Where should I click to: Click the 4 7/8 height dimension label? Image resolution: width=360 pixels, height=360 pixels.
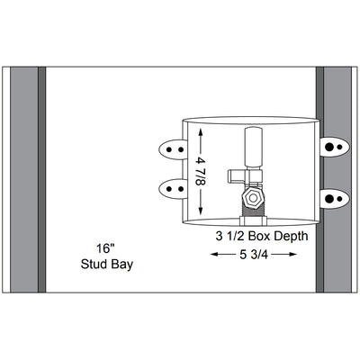click(201, 172)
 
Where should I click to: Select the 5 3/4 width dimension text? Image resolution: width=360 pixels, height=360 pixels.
click(254, 255)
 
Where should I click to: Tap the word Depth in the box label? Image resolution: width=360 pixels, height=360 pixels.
click(291, 237)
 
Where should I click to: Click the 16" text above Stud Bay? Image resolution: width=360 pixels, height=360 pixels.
click(105, 248)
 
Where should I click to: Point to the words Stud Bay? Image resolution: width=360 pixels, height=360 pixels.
click(107, 265)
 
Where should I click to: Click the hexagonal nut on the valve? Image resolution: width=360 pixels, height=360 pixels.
click(254, 198)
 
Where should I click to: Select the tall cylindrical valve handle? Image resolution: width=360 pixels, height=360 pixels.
click(254, 147)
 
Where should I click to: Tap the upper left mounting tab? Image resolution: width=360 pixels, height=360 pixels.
click(171, 149)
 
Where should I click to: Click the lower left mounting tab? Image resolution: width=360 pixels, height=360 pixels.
click(171, 189)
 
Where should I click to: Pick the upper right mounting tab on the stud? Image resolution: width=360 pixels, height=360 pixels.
click(334, 147)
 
